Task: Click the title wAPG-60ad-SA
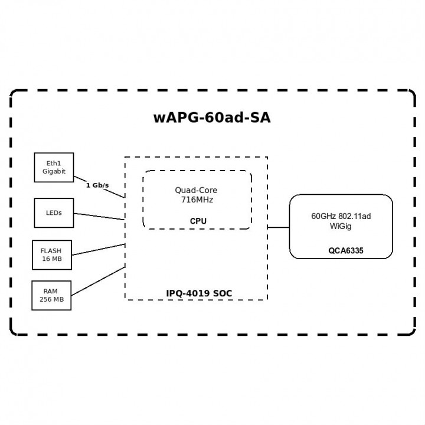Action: (x=212, y=117)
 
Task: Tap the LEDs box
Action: (x=54, y=212)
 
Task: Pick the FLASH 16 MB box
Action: (x=51, y=254)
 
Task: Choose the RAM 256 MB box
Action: (x=51, y=295)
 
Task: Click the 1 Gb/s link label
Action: (x=97, y=185)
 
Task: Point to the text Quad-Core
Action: (x=196, y=190)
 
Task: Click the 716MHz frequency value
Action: (x=197, y=200)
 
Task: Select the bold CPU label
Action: (x=198, y=221)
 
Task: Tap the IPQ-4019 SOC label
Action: (x=200, y=293)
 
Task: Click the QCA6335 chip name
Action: (x=346, y=251)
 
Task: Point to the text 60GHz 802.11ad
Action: (x=341, y=217)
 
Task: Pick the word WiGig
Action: (x=341, y=226)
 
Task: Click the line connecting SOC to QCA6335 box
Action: (x=278, y=227)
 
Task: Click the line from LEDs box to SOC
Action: (x=99, y=216)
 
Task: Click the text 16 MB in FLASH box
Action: (x=51, y=259)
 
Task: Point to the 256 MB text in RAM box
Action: (x=51, y=300)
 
